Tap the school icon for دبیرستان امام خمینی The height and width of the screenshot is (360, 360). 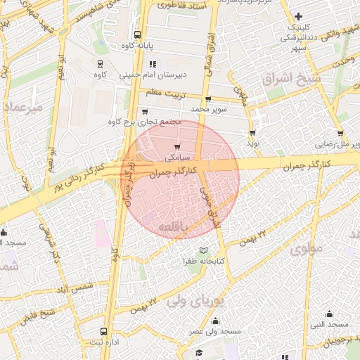click(153, 65)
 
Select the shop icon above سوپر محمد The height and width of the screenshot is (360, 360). click(208, 99)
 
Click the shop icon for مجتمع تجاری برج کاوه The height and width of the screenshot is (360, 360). click(145, 111)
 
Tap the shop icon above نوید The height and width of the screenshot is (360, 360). click(252, 132)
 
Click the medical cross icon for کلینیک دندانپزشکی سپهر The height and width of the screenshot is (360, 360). click(299, 16)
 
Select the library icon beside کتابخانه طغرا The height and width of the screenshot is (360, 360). click(204, 250)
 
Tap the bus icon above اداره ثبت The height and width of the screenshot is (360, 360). click(104, 330)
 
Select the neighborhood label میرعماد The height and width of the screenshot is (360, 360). click(23, 107)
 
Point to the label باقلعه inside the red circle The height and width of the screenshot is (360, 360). click(172, 226)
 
